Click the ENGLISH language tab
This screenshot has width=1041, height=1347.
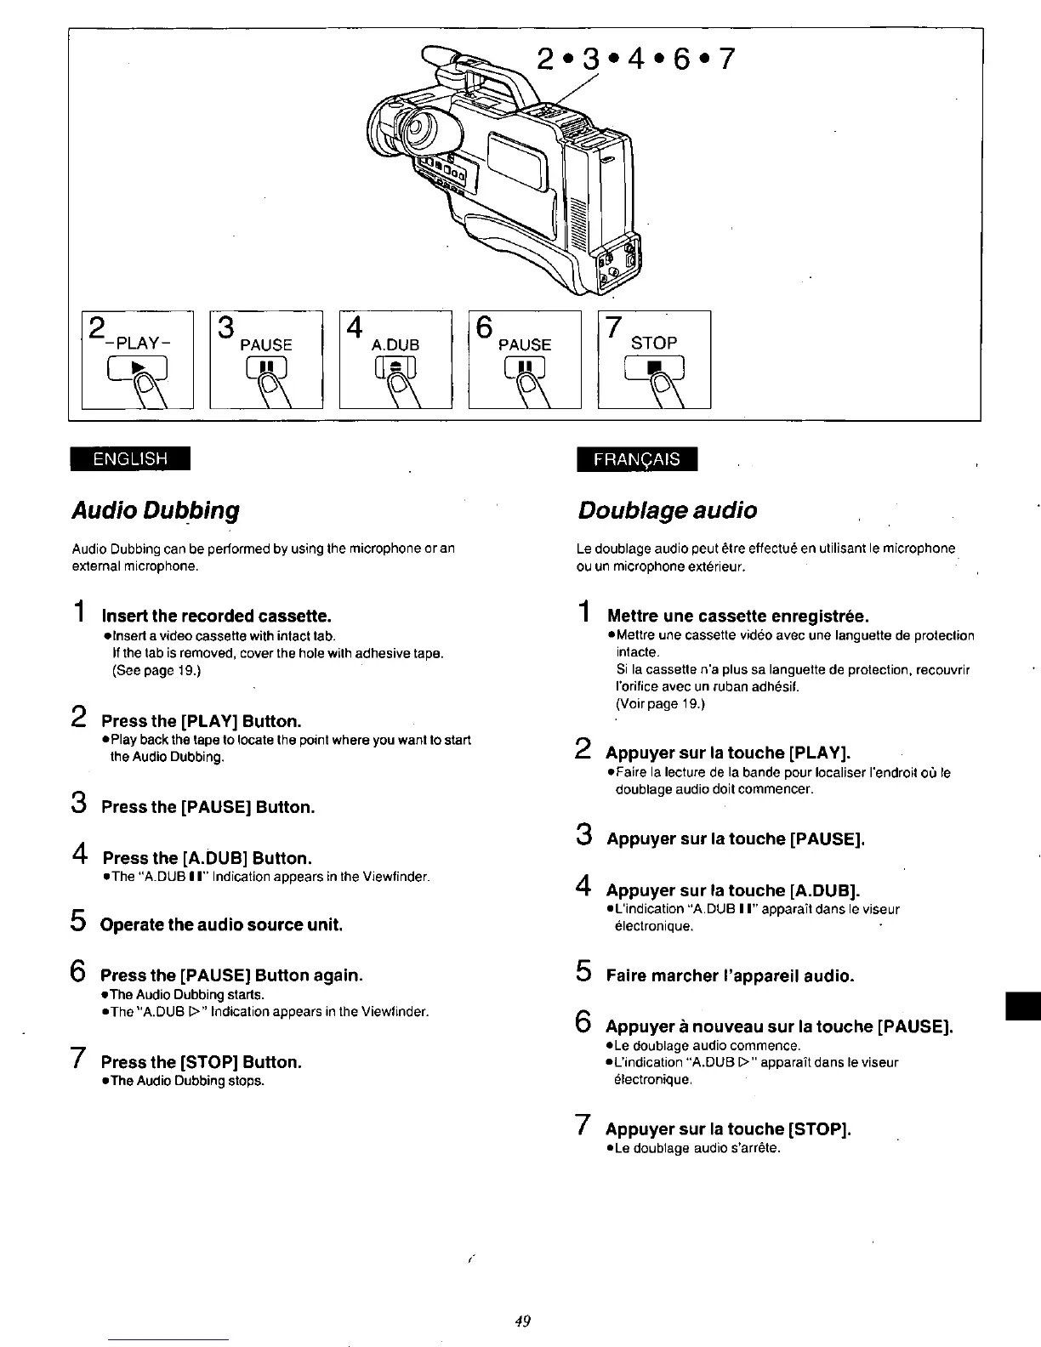click(130, 458)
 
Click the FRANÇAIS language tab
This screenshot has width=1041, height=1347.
click(636, 458)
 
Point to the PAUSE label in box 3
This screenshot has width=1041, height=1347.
click(266, 344)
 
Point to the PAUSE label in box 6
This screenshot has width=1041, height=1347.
click(525, 344)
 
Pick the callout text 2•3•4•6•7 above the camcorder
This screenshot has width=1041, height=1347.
click(634, 60)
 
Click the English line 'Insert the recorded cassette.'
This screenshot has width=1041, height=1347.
click(215, 615)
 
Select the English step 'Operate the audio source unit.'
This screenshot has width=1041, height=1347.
click(221, 924)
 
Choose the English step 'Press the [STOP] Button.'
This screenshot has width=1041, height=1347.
click(202, 1062)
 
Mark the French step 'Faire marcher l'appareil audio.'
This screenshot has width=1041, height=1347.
click(730, 975)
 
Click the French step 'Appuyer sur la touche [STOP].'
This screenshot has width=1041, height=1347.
click(728, 1129)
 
